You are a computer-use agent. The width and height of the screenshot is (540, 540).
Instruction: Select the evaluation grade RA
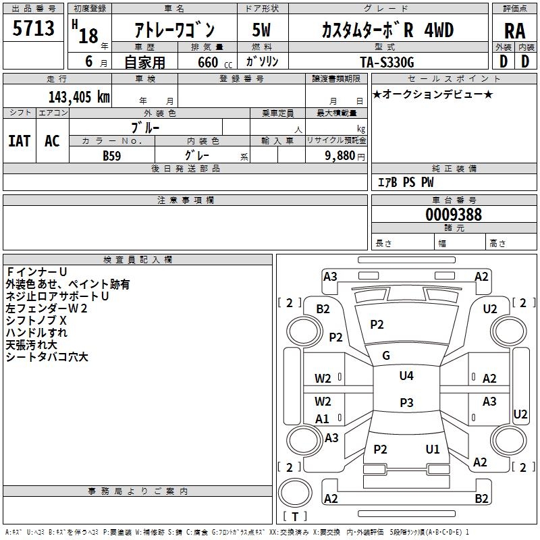514,30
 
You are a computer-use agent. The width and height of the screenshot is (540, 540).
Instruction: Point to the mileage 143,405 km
79,97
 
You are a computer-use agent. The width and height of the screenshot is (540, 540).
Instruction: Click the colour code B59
112,155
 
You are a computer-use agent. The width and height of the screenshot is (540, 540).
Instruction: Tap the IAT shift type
19,140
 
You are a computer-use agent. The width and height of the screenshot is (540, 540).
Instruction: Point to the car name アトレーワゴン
174,30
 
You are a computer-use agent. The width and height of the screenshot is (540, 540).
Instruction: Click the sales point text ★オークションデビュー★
432,94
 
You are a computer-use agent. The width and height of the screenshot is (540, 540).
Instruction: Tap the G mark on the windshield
386,355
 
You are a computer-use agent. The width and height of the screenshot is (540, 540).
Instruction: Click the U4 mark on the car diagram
406,376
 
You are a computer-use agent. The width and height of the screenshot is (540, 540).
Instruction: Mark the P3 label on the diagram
406,403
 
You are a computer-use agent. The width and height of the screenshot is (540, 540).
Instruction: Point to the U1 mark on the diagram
433,449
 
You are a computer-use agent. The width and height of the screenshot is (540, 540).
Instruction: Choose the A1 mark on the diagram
323,418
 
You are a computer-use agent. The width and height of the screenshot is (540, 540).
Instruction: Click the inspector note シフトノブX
36,320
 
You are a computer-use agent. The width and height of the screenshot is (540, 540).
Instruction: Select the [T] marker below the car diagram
294,516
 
